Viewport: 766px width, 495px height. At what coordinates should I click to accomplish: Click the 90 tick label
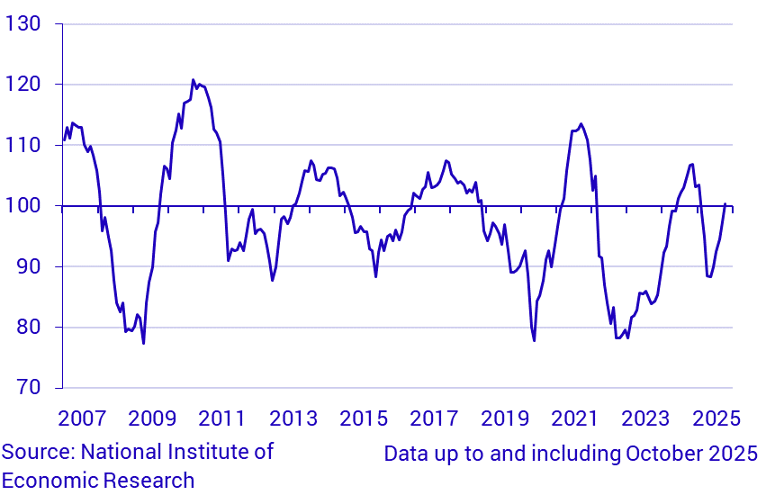[28, 266]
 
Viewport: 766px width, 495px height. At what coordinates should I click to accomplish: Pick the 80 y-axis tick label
[28, 328]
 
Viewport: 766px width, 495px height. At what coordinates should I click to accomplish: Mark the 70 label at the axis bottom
[28, 388]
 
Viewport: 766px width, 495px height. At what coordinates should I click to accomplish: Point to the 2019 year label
[505, 419]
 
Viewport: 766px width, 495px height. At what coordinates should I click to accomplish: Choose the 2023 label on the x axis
[646, 419]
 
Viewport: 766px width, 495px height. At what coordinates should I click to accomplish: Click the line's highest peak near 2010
[193, 80]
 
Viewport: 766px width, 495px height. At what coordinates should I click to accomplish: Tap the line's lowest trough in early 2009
[143, 343]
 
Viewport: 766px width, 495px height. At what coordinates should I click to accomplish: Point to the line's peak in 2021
[581, 124]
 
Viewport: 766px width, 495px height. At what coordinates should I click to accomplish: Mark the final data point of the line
[725, 203]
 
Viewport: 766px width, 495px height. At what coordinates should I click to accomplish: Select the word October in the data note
[658, 454]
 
